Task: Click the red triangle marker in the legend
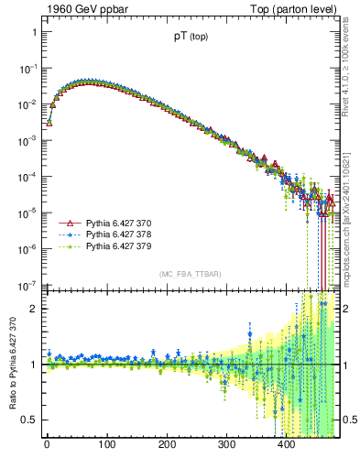[x=66, y=224]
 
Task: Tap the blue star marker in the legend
[x=66, y=235]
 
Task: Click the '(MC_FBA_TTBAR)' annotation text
[x=191, y=275]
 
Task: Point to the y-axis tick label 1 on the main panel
[x=34, y=32]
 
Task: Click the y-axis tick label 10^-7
[x=28, y=284]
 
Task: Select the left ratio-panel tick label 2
[x=34, y=309]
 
